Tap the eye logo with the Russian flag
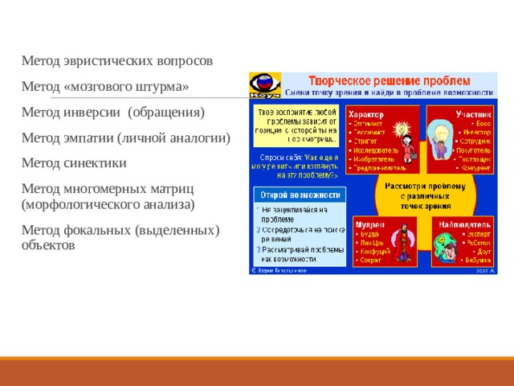pyautogui.click(x=266, y=83)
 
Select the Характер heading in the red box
pyautogui.click(x=365, y=115)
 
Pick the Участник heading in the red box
pyautogui.click(x=475, y=115)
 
